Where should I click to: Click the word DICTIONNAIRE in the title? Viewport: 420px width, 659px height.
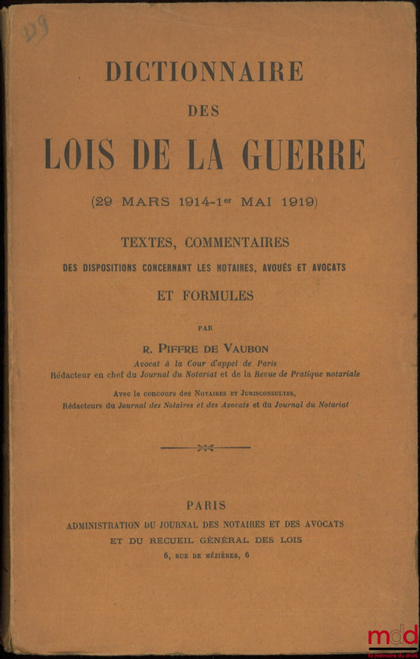[x=204, y=71]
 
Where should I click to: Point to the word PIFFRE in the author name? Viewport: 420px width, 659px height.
[x=184, y=344]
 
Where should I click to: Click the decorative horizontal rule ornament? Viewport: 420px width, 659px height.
[x=205, y=447]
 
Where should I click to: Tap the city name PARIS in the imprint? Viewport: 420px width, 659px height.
[x=206, y=505]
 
